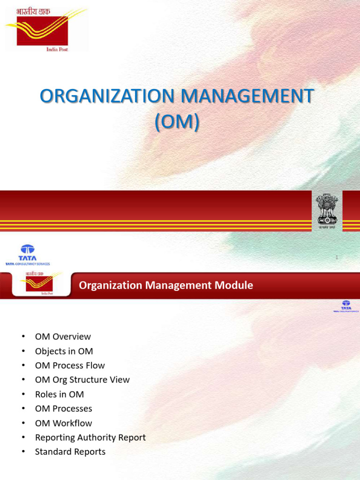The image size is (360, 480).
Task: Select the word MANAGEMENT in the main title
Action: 247,97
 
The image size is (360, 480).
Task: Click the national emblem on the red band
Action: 327,210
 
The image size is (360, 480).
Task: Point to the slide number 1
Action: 337,257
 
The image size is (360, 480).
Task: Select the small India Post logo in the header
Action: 40,283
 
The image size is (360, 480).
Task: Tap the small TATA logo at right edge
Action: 346,306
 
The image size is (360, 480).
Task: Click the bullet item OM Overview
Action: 63,337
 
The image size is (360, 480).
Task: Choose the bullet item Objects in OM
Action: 64,351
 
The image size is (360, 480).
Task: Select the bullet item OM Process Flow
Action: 70,365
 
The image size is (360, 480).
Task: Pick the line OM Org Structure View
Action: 82,380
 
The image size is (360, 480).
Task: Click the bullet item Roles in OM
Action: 59,394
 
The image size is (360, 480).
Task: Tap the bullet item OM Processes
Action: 63,409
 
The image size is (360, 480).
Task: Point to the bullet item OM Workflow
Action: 63,423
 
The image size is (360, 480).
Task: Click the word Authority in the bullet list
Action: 95,437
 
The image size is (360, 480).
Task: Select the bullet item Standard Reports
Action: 70,452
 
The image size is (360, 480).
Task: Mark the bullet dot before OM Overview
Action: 22,337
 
